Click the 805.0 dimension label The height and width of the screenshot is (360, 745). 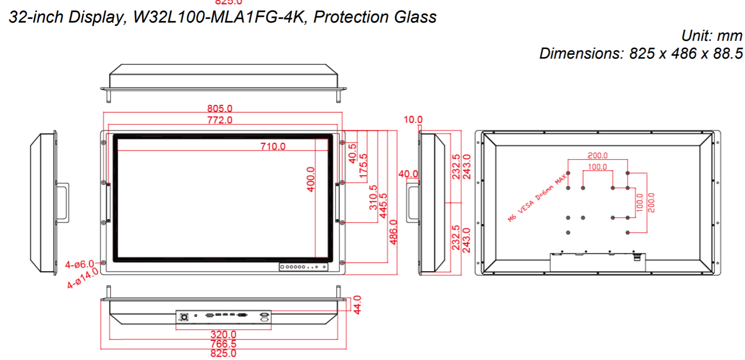click(222, 110)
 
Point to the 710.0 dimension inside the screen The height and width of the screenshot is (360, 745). click(273, 147)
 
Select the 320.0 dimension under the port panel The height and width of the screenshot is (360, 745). click(224, 334)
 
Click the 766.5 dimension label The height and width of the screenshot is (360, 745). click(224, 344)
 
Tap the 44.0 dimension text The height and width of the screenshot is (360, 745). click(357, 305)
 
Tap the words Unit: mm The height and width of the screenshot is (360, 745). click(712, 36)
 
